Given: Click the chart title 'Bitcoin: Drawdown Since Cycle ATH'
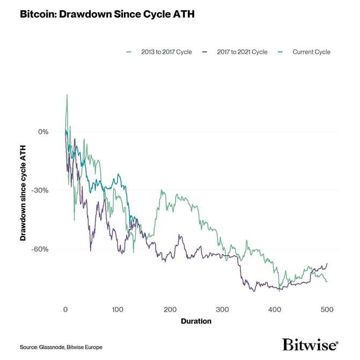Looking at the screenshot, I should click(x=106, y=14).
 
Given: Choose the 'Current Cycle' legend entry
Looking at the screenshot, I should click(x=311, y=52).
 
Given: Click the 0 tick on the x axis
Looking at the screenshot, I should click(x=65, y=310).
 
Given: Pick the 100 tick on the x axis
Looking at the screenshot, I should click(x=117, y=310).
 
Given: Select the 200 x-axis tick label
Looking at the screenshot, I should click(x=170, y=310).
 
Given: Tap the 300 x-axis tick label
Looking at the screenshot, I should click(x=222, y=310).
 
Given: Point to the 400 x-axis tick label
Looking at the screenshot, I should click(x=275, y=310).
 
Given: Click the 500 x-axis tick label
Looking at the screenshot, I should click(x=327, y=310).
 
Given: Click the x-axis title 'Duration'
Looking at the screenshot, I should click(x=196, y=321).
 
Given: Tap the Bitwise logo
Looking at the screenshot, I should click(x=310, y=344).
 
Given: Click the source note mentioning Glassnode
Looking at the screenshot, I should click(x=61, y=347).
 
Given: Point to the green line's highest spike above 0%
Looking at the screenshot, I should click(x=67, y=95).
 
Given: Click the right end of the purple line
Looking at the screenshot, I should click(x=327, y=263).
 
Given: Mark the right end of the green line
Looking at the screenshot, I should click(x=327, y=282).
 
